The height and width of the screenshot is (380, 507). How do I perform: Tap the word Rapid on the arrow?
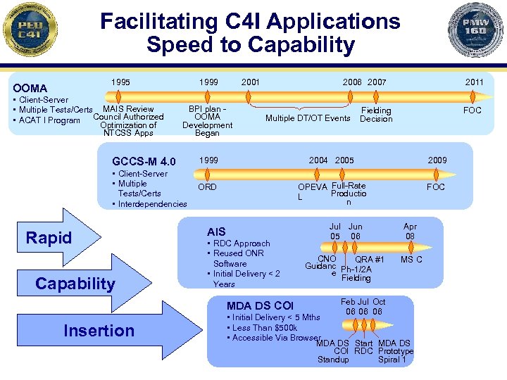point(49,238)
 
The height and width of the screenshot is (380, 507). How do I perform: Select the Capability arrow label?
point(75,284)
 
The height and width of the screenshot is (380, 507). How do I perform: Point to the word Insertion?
point(99,330)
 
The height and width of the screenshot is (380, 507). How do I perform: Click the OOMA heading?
point(30,88)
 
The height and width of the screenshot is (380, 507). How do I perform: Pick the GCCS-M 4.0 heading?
point(144,162)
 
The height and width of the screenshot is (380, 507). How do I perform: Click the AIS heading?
point(216,232)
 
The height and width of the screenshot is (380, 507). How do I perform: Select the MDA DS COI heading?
point(260,306)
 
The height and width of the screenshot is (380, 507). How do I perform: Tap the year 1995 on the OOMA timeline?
point(120,82)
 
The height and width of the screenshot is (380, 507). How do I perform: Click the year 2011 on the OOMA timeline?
point(474,82)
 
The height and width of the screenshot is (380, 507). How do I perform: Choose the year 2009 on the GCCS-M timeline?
point(437,160)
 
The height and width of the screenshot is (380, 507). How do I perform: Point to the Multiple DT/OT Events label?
point(308,118)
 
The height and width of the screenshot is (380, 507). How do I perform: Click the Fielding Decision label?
point(376,115)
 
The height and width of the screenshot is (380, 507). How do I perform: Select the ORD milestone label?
point(207,187)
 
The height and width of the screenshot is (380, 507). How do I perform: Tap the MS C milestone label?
point(411,260)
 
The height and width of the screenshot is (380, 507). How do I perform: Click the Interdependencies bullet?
point(152,204)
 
